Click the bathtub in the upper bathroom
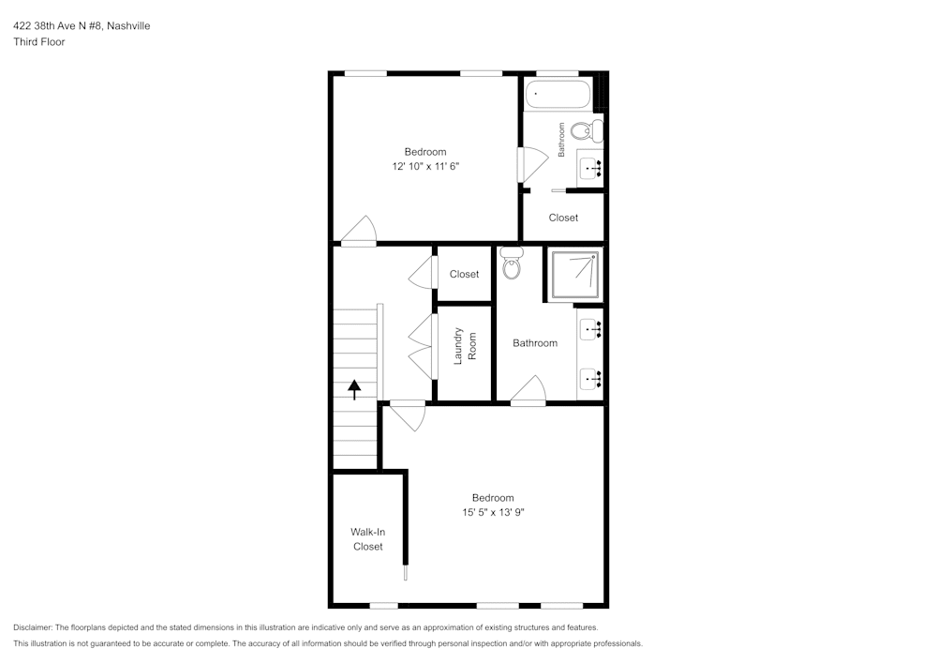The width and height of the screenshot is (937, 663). click(x=558, y=94)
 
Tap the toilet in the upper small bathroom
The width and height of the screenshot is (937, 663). click(x=587, y=130)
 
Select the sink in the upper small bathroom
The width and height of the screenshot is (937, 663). click(x=590, y=169)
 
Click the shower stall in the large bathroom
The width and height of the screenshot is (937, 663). click(x=573, y=274)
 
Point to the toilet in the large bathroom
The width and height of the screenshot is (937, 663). click(x=512, y=265)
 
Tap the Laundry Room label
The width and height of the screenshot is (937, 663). click(x=466, y=345)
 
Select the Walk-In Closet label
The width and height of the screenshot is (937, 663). click(x=367, y=539)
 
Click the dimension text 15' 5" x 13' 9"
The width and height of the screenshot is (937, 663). click(x=493, y=513)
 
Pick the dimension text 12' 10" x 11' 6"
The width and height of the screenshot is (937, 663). click(x=425, y=166)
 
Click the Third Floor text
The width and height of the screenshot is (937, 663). click(x=39, y=42)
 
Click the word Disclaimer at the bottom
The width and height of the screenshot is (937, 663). click(x=33, y=627)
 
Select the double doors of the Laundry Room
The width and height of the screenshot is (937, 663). click(x=421, y=346)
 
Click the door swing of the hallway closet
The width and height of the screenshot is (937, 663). click(x=421, y=273)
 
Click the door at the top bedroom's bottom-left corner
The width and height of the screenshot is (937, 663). click(x=359, y=230)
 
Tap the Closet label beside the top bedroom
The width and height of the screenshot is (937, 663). click(x=563, y=218)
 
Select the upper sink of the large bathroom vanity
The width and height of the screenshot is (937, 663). click(x=590, y=329)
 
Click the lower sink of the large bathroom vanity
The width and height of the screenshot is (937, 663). click(x=590, y=379)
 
